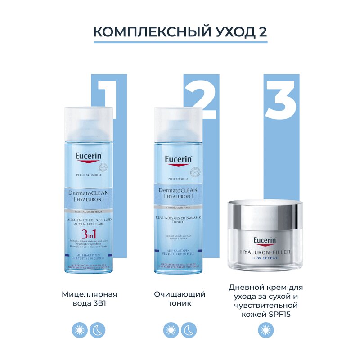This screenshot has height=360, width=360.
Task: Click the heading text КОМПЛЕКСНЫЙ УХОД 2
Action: pos(180,32)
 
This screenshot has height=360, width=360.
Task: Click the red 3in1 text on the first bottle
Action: pos(89,234)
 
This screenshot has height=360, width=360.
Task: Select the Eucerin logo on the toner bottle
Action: pos(179,160)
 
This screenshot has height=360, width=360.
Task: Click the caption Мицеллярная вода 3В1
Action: pos(89,299)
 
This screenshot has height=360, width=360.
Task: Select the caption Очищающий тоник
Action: pos(180,299)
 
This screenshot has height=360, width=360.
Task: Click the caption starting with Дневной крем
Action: pos(265,301)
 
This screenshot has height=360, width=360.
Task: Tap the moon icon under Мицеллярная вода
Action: pos(98,331)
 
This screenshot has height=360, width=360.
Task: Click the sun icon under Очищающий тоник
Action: pos(171,331)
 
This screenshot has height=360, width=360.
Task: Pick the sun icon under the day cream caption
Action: pos(265,331)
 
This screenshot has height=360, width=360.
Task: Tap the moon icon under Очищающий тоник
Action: pos(189,331)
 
